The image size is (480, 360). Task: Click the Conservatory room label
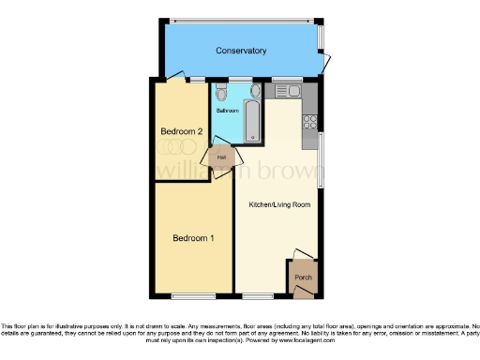[x=241, y=51]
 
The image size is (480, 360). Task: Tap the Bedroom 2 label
[x=181, y=131]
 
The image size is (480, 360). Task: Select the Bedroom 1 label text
[x=193, y=238]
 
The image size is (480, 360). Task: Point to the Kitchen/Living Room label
[x=278, y=203]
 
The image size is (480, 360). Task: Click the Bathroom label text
[x=228, y=111]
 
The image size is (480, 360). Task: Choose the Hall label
[x=222, y=157]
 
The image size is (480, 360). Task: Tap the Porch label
[x=303, y=278]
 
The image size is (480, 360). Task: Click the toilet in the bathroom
[x=220, y=92]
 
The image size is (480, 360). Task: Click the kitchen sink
[x=285, y=90]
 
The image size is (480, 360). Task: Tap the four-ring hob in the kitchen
[x=310, y=122]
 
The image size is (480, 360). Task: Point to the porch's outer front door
[x=302, y=293]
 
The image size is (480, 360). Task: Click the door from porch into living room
[x=298, y=256]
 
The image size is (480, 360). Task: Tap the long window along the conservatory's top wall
[x=241, y=19]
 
